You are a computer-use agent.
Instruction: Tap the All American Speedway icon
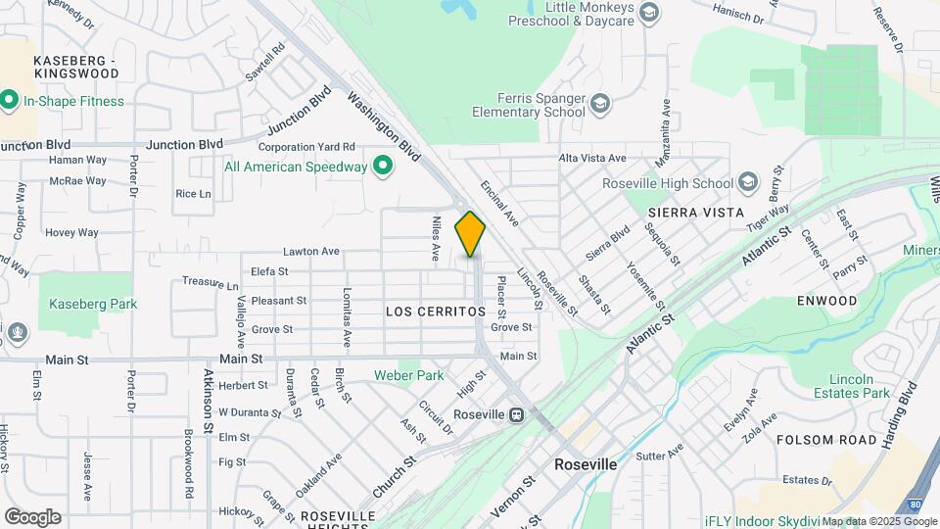pyautogui.click(x=384, y=167)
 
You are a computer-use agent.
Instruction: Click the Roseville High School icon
pyautogui.click(x=748, y=182)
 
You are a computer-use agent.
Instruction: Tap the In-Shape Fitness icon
pyautogui.click(x=10, y=100)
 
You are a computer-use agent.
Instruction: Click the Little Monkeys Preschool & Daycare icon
pyautogui.click(x=647, y=13)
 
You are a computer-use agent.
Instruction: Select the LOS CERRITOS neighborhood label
pyautogui.click(x=436, y=312)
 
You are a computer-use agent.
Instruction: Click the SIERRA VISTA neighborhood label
pyautogui.click(x=696, y=213)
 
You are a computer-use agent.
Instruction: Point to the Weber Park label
pyautogui.click(x=408, y=375)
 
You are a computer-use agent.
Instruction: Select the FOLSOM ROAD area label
pyautogui.click(x=826, y=440)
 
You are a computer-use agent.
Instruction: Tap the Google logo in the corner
pyautogui.click(x=32, y=517)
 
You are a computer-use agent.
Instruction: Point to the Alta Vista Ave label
pyautogui.click(x=591, y=158)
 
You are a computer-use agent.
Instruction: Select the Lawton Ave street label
pyautogui.click(x=311, y=252)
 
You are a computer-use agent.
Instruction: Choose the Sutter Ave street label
pyautogui.click(x=659, y=456)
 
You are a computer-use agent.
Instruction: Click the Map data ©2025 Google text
pyautogui.click(x=880, y=521)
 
